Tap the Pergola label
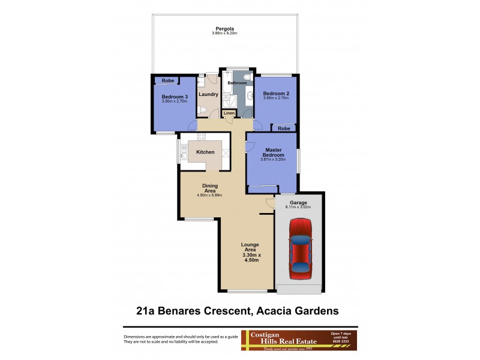point(225,28)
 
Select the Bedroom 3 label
point(174,96)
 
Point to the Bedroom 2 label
point(276,93)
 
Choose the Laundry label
point(208,94)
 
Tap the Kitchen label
point(205,152)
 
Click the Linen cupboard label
point(229,113)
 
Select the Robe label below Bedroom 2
point(284,128)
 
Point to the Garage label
point(298,203)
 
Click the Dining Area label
point(209,188)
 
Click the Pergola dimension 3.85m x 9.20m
point(225,33)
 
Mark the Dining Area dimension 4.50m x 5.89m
point(209,196)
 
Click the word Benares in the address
point(194,311)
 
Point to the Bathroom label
point(237,83)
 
